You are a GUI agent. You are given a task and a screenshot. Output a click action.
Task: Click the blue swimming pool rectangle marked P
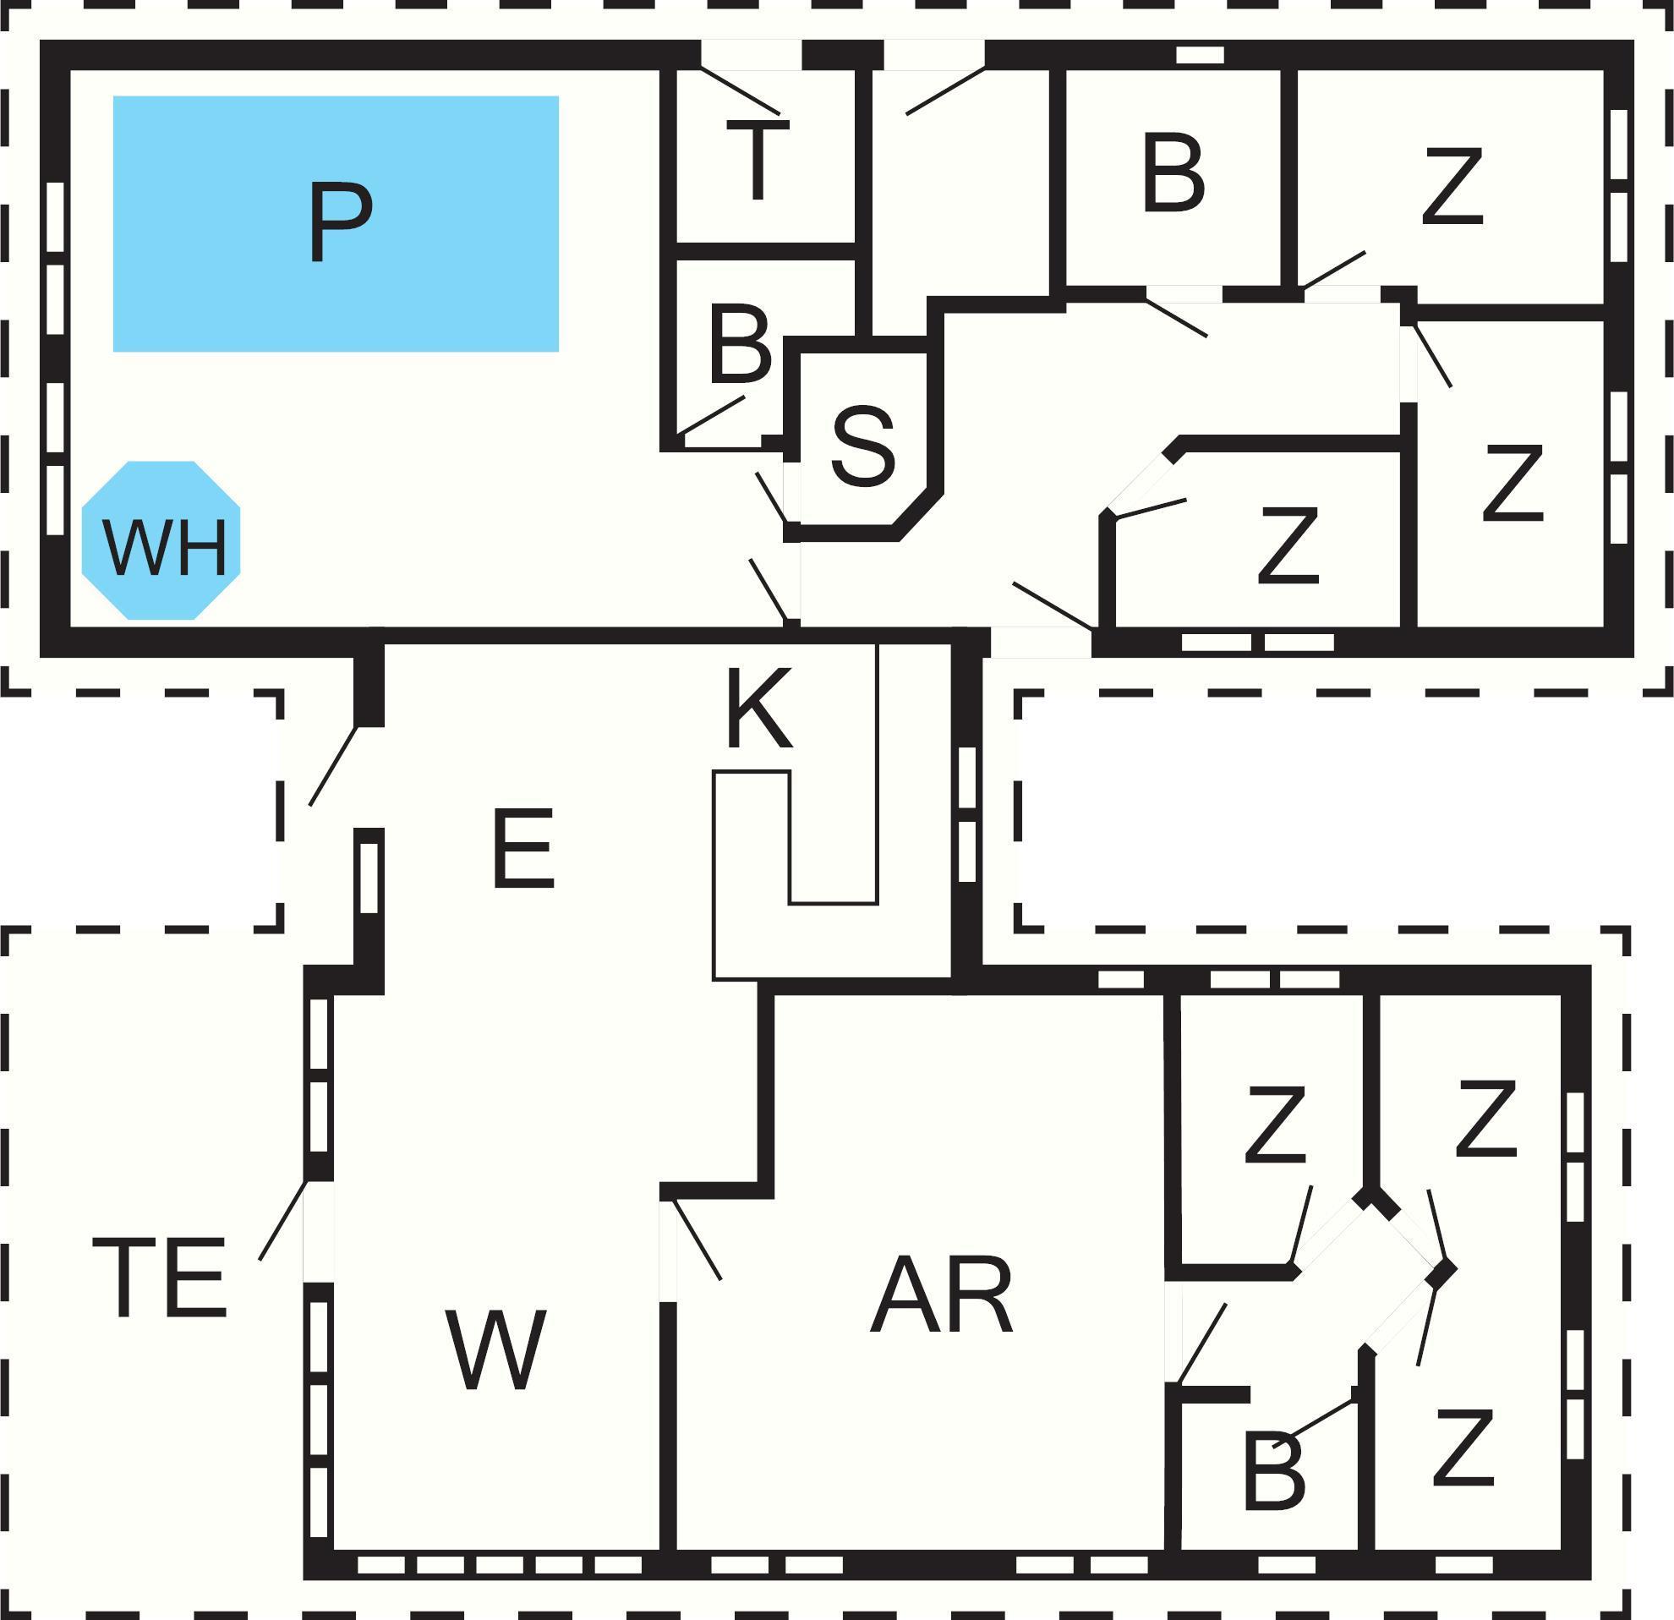point(336,224)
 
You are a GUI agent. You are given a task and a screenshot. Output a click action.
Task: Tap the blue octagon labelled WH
point(161,540)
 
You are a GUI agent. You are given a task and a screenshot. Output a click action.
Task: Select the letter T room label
point(758,160)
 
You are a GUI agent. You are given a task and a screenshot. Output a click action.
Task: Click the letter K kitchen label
point(758,708)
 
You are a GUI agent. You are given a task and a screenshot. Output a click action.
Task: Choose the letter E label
point(523,848)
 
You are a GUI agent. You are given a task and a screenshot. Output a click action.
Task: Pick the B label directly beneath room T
point(740,343)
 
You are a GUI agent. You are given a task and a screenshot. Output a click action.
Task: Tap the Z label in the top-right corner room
point(1452,187)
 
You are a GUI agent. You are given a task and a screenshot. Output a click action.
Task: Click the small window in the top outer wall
point(1200,55)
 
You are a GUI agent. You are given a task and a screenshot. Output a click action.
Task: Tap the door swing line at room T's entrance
point(740,90)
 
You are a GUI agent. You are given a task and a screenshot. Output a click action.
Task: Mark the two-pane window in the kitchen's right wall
point(967,815)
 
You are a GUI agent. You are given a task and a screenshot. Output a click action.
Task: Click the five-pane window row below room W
point(500,1564)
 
